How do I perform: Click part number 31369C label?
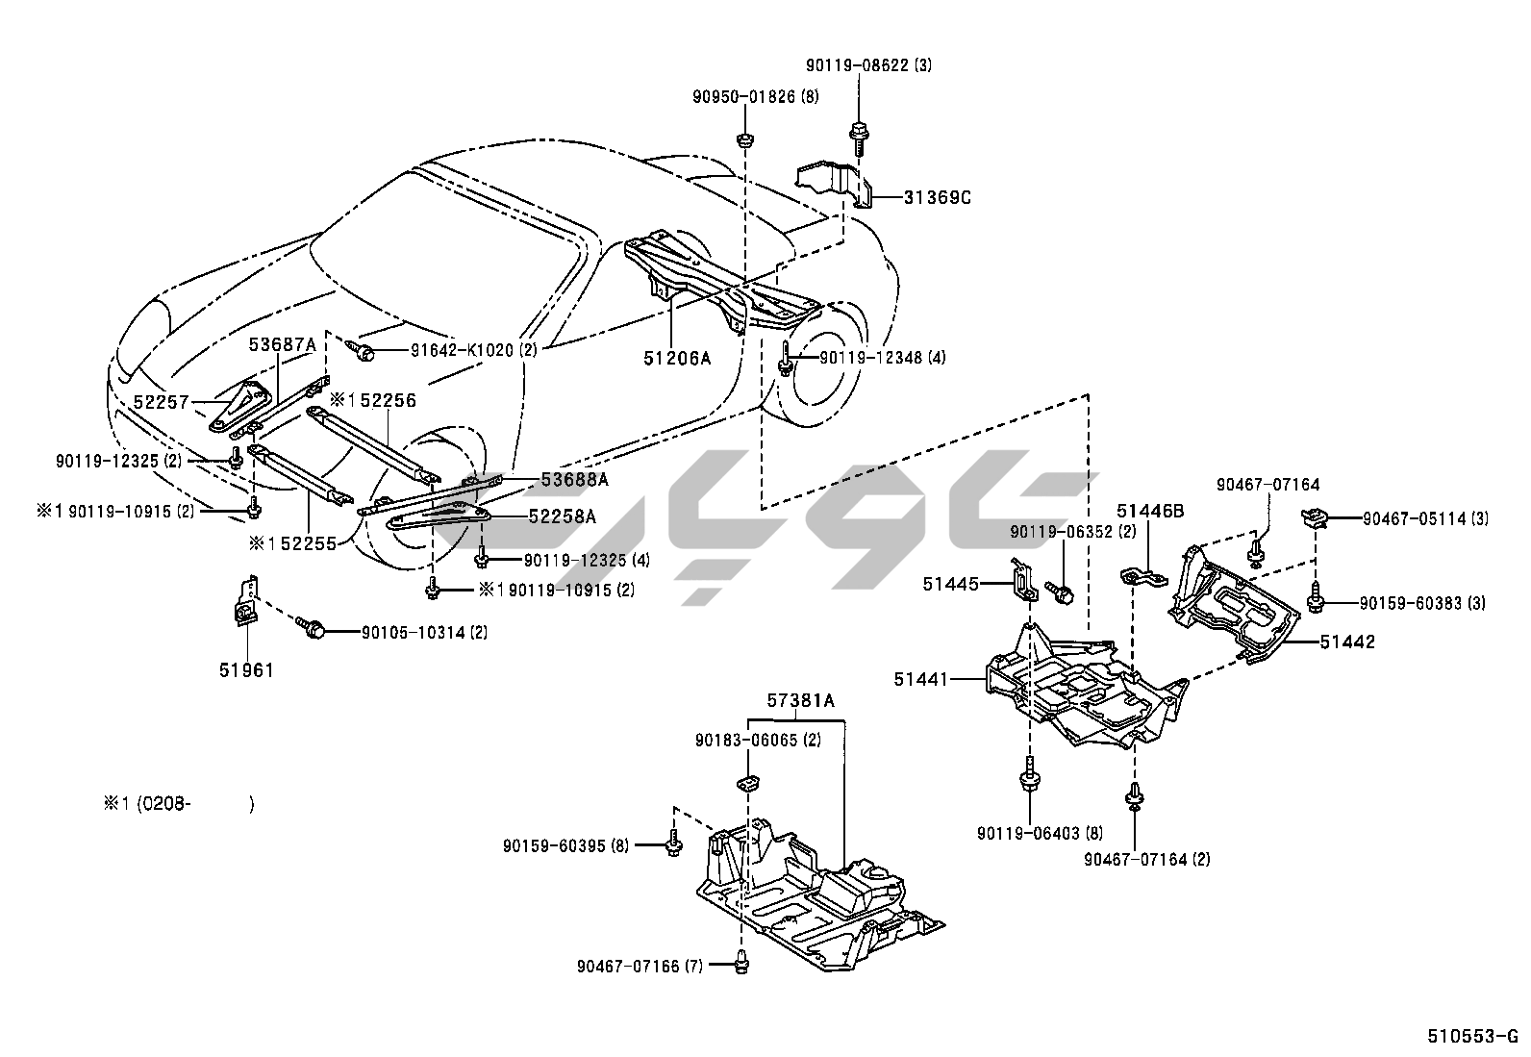tap(938, 198)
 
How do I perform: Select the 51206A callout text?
tap(677, 359)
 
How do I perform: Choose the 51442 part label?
tap(1347, 642)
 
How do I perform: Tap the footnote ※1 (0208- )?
tap(179, 804)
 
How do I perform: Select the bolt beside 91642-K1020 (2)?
tap(363, 351)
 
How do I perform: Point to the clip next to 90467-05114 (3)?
tap(1315, 518)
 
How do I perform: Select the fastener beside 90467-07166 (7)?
tap(742, 959)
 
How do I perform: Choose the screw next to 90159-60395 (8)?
tap(673, 844)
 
